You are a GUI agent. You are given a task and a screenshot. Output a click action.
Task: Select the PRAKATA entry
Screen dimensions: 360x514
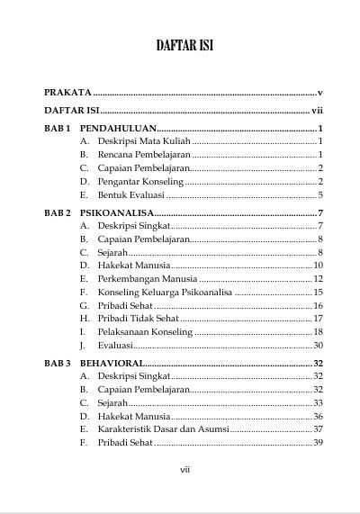tap(67, 92)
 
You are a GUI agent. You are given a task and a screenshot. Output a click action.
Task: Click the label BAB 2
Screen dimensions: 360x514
tap(58, 212)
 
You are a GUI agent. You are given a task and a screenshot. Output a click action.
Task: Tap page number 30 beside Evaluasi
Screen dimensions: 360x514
tap(318, 346)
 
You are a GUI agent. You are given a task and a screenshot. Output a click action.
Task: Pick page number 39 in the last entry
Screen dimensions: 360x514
tap(318, 443)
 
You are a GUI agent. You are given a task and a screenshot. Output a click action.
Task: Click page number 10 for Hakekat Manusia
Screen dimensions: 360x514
tap(318, 266)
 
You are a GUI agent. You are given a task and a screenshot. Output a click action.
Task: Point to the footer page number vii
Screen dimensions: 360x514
tap(184, 469)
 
